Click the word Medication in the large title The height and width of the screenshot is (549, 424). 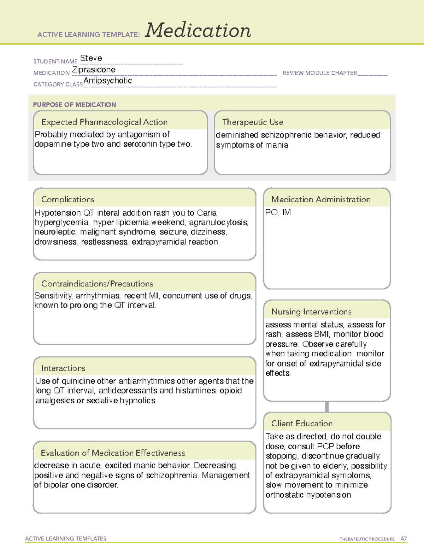point(198,30)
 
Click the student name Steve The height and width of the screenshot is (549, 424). point(91,58)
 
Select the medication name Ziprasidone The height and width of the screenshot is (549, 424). point(94,70)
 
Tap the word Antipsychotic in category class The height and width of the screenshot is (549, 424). point(108,81)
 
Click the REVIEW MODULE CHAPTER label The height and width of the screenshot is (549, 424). point(320,73)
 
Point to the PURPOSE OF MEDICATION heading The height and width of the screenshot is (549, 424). point(75,105)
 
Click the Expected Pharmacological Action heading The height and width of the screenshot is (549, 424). point(104,122)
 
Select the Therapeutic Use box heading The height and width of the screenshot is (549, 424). point(253,122)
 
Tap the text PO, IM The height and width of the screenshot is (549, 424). point(278,212)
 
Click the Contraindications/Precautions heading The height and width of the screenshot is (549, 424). point(97,284)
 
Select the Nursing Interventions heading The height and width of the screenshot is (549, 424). point(311,311)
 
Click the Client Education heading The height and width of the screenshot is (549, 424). point(302,423)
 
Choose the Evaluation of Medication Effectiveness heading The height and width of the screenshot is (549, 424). point(113,453)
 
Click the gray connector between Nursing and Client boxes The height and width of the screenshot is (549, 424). point(327,407)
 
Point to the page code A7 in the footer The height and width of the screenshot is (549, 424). point(404,539)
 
